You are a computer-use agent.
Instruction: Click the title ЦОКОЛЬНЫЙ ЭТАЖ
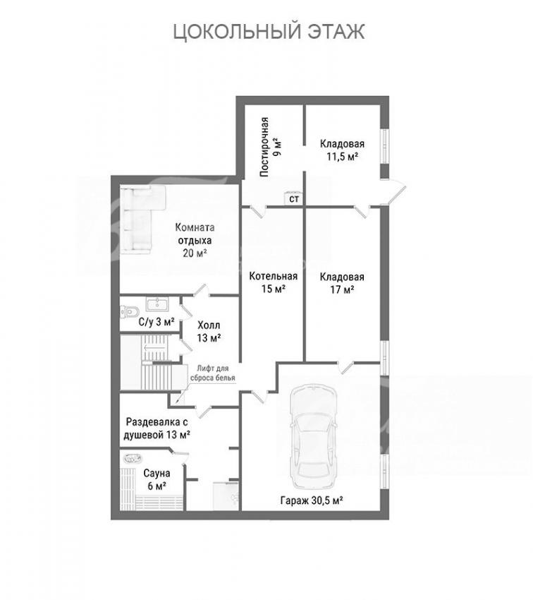[269, 32]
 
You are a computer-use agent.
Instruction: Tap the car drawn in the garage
[314, 436]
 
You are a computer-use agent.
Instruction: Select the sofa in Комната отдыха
[143, 220]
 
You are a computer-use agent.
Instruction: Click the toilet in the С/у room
[128, 312]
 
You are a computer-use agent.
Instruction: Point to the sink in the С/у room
[157, 305]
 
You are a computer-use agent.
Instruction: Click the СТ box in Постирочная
[293, 198]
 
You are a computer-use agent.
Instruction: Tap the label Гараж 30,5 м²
[312, 500]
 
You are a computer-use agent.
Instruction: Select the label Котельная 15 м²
[273, 282]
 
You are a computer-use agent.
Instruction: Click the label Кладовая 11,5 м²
[342, 150]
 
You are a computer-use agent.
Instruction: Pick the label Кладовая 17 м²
[342, 283]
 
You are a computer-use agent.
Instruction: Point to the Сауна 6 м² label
[157, 479]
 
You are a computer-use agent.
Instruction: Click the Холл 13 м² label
[209, 331]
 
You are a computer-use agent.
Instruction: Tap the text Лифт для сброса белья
[213, 373]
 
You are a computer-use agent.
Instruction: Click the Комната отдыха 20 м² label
[195, 240]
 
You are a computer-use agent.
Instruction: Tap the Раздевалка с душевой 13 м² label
[158, 428]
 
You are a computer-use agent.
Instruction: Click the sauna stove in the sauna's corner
[131, 458]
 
